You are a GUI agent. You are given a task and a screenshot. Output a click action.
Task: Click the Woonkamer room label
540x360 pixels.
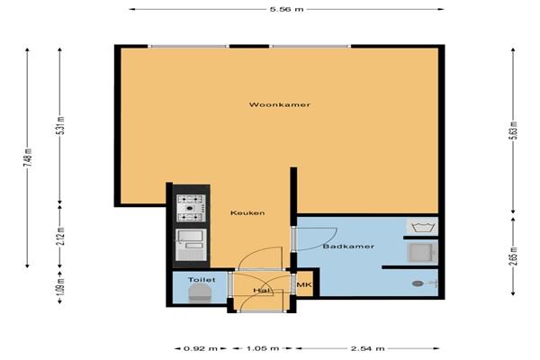point(280,104)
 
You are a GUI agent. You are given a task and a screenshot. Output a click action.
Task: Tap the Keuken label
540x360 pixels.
point(247,213)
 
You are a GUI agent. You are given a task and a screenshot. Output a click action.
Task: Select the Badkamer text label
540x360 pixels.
point(348,247)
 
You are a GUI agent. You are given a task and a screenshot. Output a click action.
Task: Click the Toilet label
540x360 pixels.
point(202,280)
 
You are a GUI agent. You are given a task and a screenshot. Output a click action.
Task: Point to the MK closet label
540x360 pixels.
point(304,285)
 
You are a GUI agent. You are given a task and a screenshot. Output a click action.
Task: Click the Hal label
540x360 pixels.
point(261,291)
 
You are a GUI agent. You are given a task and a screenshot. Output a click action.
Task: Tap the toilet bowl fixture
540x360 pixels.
point(200,293)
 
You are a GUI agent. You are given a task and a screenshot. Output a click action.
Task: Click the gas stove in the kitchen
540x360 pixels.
point(192,208)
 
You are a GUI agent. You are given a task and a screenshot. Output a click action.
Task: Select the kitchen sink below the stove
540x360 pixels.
point(191,245)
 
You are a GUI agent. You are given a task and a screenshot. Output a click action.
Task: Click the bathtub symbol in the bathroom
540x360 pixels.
point(423,227)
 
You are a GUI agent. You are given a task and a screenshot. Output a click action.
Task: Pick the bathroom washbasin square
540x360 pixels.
point(423,253)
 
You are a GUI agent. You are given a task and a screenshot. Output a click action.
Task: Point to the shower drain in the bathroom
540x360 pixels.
point(418,283)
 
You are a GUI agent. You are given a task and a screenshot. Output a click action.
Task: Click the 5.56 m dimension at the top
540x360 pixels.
point(287,9)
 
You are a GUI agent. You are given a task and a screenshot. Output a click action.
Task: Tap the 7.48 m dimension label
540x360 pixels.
point(29,158)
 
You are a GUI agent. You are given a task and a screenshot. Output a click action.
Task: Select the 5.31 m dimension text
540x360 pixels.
point(61,126)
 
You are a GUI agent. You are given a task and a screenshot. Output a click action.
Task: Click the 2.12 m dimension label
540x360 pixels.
point(61,237)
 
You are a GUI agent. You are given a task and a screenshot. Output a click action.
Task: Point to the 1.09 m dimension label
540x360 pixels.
point(61,287)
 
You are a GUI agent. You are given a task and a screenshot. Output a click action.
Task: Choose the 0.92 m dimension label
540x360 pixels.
point(201,348)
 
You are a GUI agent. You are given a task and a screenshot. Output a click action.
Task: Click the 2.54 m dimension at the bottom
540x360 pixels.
point(367,348)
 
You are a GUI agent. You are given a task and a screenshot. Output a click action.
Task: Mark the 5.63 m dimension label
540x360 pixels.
point(514,130)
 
